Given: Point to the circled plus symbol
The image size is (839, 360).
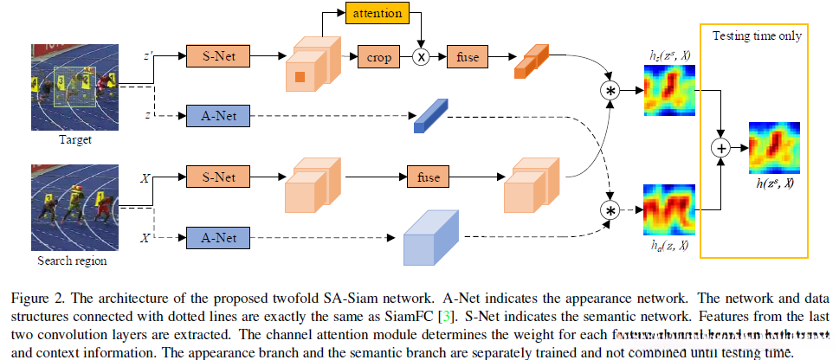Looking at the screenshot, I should pyautogui.click(x=720, y=148).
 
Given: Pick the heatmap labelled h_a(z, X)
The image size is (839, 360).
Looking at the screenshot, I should pyautogui.click(x=668, y=209).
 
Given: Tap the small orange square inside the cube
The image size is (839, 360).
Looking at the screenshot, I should pyautogui.click(x=299, y=77).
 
